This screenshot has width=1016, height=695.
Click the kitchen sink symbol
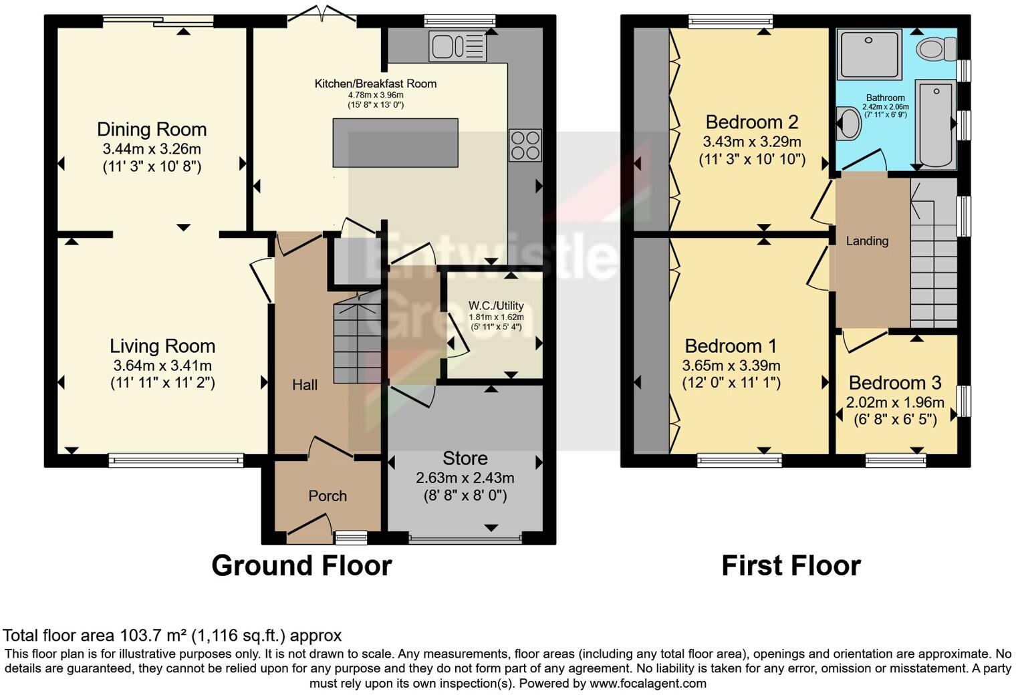click(458, 47)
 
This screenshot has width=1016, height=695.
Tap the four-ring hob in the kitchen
click(525, 146)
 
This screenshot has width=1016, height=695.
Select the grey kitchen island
click(396, 142)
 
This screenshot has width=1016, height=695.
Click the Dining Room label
click(152, 129)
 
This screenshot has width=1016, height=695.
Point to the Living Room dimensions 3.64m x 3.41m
click(162, 366)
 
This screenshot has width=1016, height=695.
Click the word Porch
click(328, 496)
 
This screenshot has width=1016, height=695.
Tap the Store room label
click(465, 458)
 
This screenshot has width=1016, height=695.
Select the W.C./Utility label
click(496, 306)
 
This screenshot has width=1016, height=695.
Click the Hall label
click(305, 385)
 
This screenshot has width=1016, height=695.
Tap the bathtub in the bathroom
click(936, 124)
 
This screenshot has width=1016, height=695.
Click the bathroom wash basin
click(849, 124)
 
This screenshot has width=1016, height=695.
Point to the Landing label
click(867, 241)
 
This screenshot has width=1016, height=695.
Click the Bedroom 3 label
click(895, 383)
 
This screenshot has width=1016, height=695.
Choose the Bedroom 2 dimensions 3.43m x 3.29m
click(752, 142)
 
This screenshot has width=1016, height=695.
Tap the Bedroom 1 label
click(731, 346)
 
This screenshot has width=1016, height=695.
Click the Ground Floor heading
click(301, 565)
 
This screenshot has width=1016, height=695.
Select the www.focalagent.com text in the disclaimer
click(648, 684)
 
